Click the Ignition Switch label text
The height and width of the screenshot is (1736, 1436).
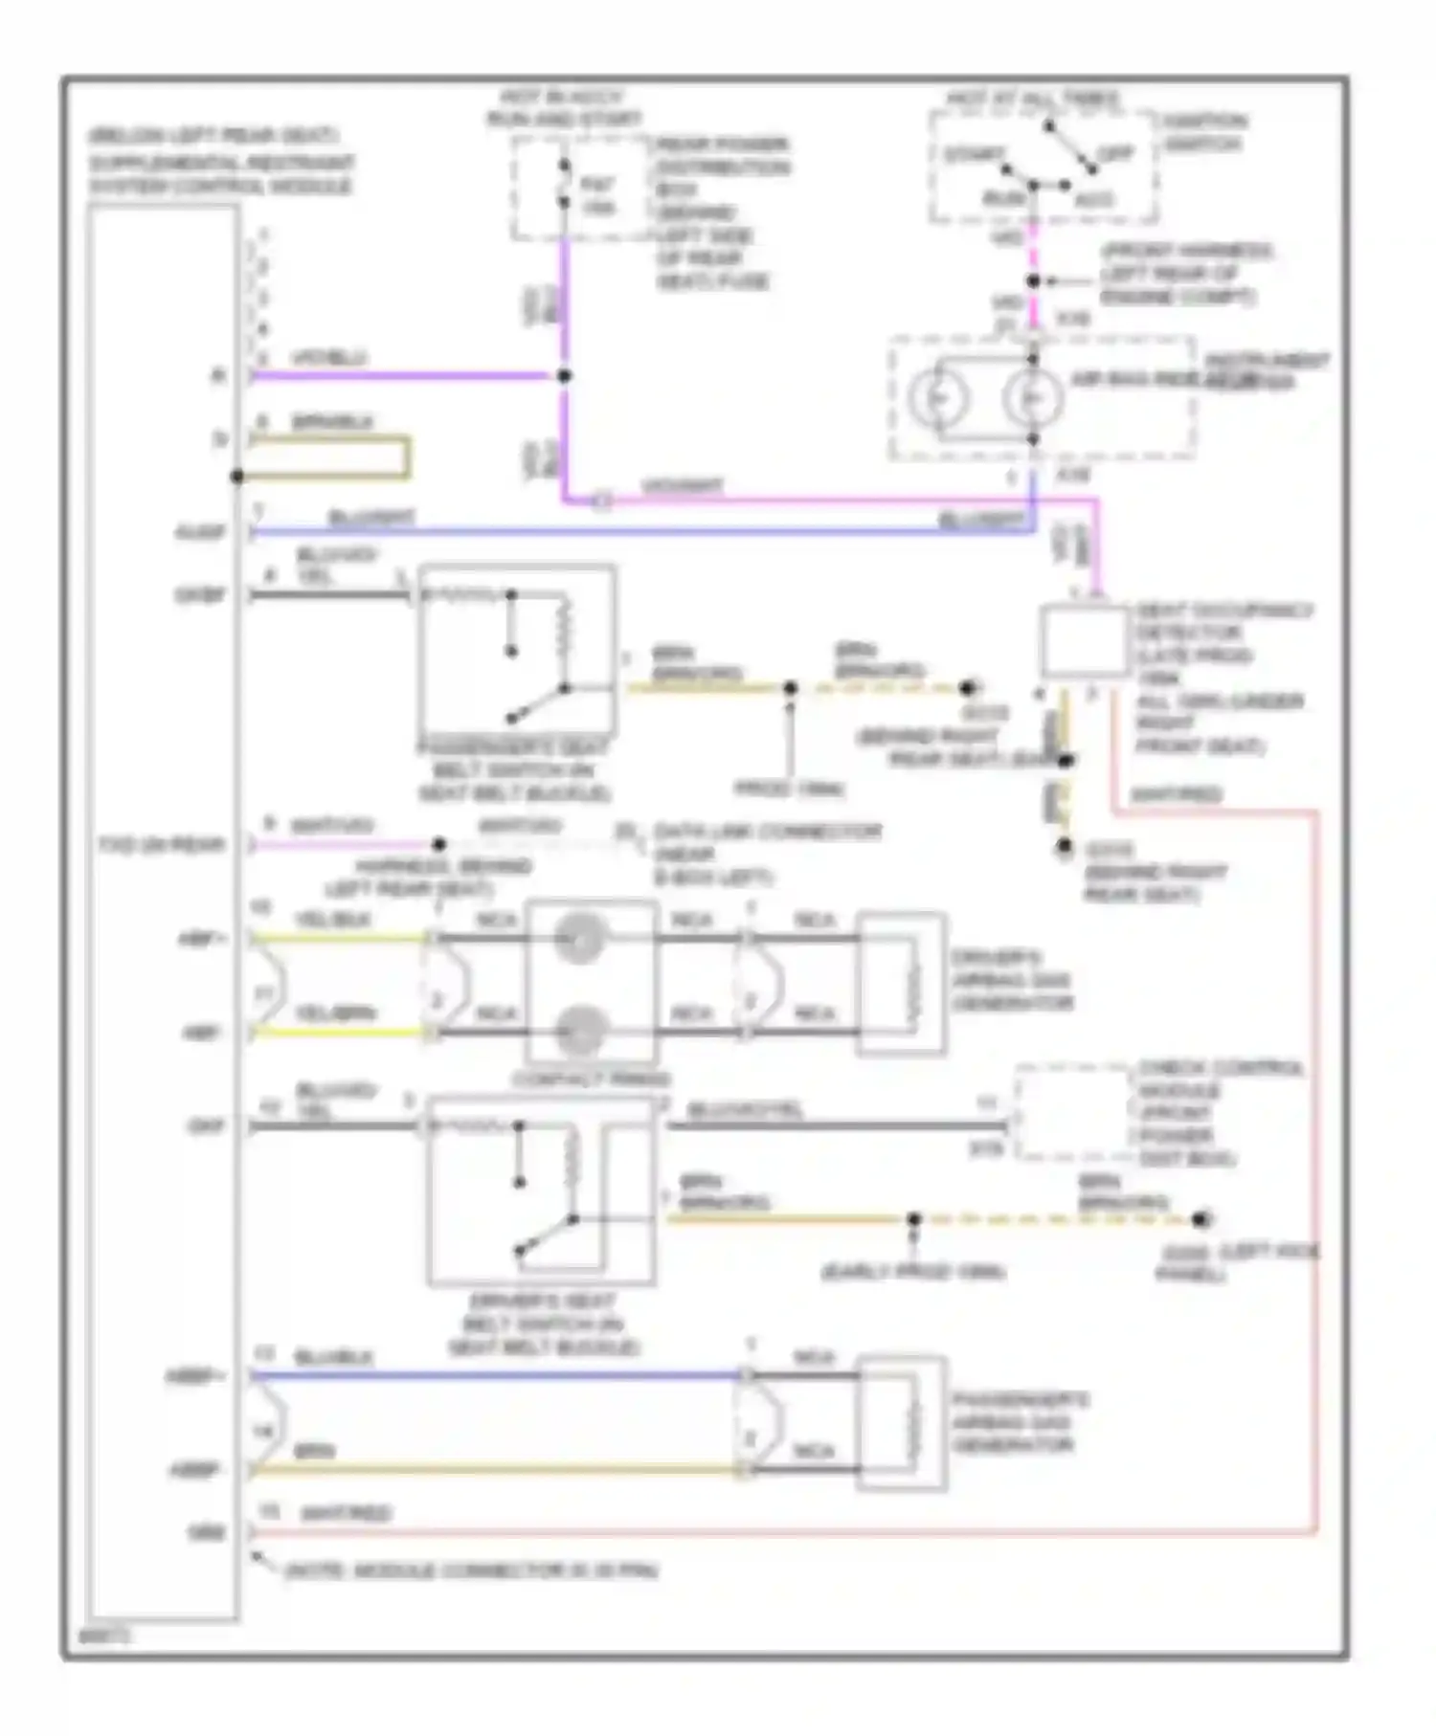click(1203, 132)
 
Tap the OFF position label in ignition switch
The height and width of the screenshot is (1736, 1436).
click(1113, 153)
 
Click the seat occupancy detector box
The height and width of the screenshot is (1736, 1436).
click(1084, 641)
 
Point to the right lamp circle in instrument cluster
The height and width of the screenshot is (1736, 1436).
click(1032, 397)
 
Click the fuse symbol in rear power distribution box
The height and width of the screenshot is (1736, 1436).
click(565, 185)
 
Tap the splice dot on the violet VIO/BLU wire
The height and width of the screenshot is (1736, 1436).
click(565, 376)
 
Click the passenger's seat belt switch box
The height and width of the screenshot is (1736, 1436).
click(517, 651)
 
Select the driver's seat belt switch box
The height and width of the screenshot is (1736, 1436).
click(541, 1191)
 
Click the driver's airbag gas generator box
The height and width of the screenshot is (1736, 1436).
click(901, 984)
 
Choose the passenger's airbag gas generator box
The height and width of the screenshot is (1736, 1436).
click(901, 1423)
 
